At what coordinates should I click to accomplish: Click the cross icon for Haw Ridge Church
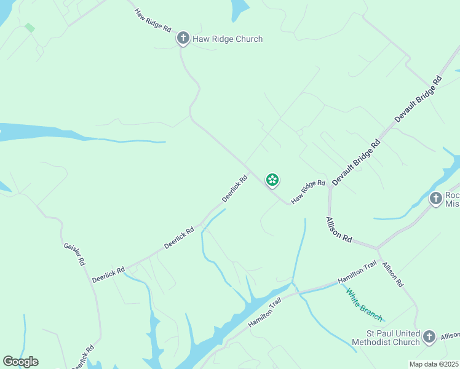pos(183,39)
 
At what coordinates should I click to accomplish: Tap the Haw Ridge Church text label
pos(228,39)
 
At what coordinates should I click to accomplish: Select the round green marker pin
pos(272,180)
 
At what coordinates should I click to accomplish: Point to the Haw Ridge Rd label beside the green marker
pos(308,192)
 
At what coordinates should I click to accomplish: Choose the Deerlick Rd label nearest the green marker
pos(234,189)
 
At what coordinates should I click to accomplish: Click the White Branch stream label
pos(364,305)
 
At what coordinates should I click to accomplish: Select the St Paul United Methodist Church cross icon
pos(429,336)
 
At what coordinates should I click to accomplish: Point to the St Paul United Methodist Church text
pos(385,337)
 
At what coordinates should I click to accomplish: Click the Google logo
pos(20,362)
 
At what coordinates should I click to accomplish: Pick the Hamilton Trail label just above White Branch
pos(357,273)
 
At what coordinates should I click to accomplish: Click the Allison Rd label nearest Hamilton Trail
pos(392,275)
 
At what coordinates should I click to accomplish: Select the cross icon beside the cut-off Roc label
pos(436,199)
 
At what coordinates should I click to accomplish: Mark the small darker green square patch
pos(30,28)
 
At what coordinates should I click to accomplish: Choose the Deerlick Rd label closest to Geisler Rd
pos(108,274)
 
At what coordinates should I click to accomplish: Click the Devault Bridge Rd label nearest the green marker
pos(356,162)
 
